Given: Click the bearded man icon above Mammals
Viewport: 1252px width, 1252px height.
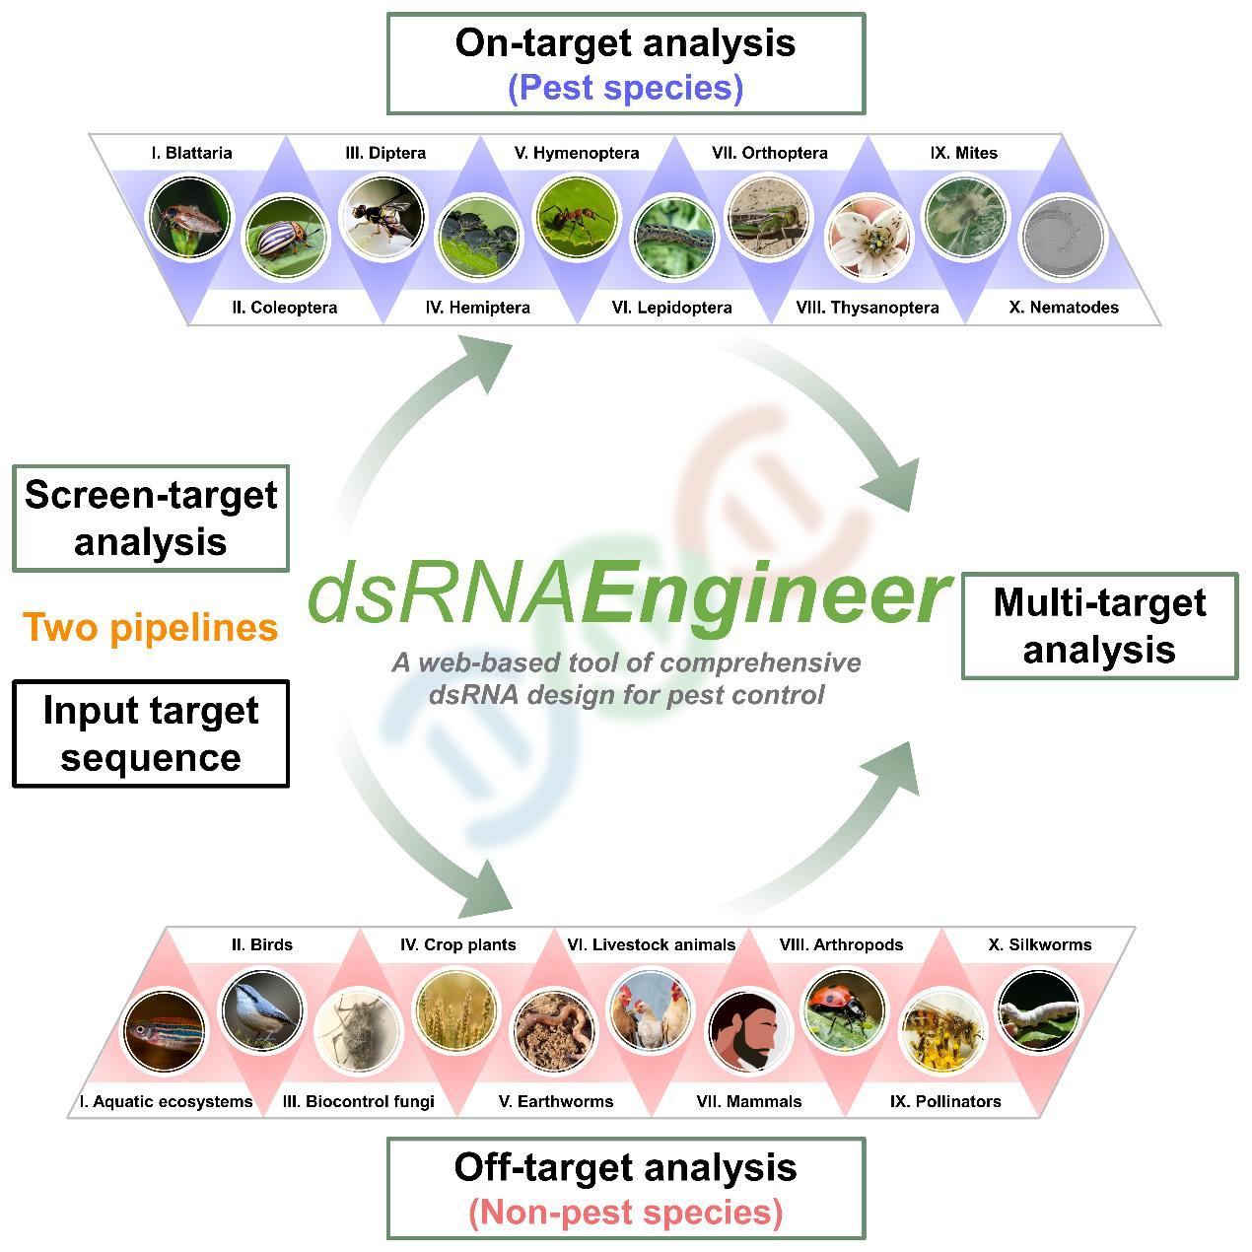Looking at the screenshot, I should pyautogui.click(x=749, y=1031).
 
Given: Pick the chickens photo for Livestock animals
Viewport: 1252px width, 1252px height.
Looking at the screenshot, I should pyautogui.click(x=651, y=1009).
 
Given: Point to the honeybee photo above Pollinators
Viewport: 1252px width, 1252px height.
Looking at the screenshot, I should pyautogui.click(x=942, y=1031).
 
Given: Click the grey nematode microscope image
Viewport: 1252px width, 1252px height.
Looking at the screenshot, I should pyautogui.click(x=1063, y=238).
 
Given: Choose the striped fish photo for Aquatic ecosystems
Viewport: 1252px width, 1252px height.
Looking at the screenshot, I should pyautogui.click(x=165, y=1031).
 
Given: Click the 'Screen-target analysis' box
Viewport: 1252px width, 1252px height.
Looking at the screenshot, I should pyautogui.click(x=151, y=519).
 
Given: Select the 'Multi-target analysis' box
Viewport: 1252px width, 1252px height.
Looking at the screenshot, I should pyautogui.click(x=1099, y=626).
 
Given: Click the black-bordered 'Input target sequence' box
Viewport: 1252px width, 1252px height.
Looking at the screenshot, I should pyautogui.click(x=151, y=733).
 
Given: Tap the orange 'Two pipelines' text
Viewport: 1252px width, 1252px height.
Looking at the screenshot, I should pyautogui.click(x=151, y=627).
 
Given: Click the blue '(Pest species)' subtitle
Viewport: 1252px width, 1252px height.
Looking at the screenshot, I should pyautogui.click(x=625, y=88).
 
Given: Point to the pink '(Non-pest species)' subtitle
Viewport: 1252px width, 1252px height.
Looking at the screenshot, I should pyautogui.click(x=625, y=1212).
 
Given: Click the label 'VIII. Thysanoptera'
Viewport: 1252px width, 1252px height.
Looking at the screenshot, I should pyautogui.click(x=868, y=308).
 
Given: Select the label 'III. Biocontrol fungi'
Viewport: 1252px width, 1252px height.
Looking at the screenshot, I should pyautogui.click(x=359, y=1101).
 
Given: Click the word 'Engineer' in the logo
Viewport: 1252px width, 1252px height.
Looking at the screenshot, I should pyautogui.click(x=764, y=595).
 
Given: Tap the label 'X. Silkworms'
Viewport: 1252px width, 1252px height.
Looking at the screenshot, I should pyautogui.click(x=1040, y=944).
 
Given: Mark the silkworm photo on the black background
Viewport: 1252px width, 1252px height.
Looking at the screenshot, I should pyautogui.click(x=1039, y=1009).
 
